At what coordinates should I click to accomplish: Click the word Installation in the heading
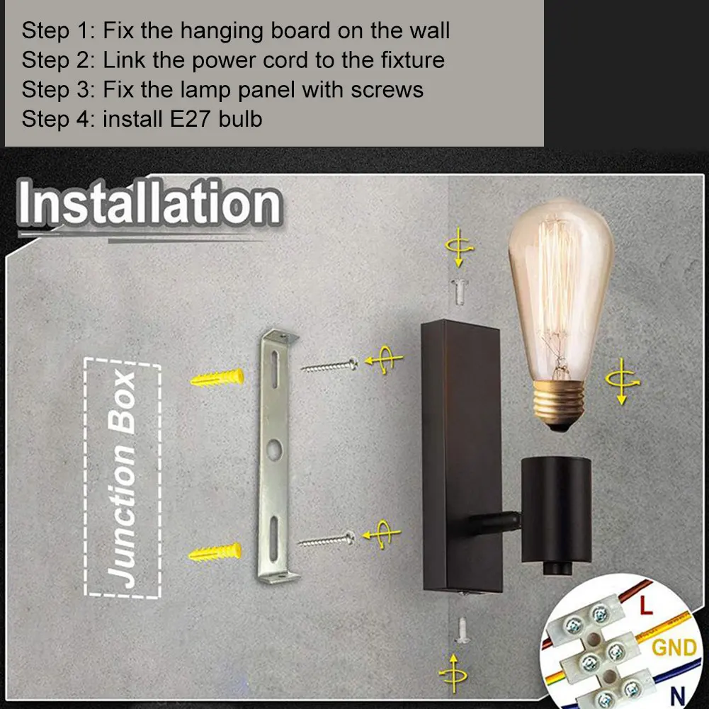(149, 205)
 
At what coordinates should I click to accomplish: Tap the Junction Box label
(123, 479)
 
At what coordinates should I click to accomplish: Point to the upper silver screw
(329, 366)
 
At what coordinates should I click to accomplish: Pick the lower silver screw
(327, 540)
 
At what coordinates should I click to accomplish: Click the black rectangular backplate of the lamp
(461, 453)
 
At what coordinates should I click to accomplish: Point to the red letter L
(645, 606)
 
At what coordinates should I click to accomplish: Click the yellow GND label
(673, 647)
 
